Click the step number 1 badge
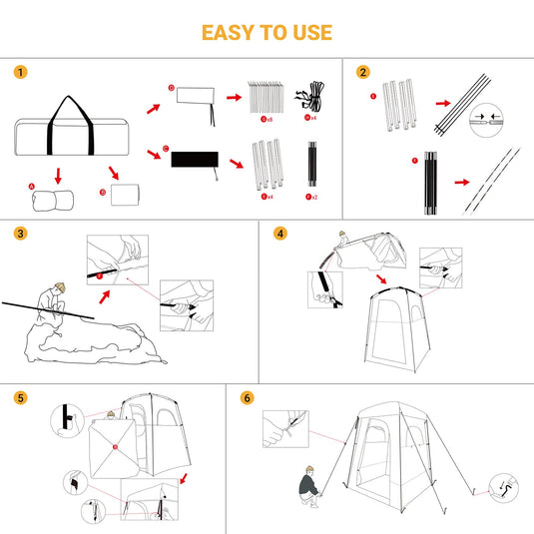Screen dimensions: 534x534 [x=21, y=72]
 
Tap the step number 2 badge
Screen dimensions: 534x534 [x=362, y=72]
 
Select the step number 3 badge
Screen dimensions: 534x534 [x=21, y=235]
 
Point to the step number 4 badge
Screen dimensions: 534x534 [x=280, y=235]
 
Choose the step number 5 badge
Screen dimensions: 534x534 [x=21, y=397]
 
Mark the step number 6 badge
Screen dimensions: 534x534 [x=248, y=397]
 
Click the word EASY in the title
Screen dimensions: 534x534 [x=229, y=32]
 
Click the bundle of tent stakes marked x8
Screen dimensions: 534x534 [x=267, y=96]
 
